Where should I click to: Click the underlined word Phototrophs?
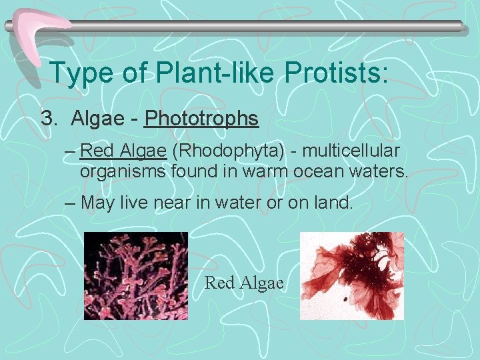(x=201, y=119)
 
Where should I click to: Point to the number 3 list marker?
(x=47, y=119)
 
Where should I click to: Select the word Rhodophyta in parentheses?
(x=221, y=151)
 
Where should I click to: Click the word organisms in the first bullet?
(x=123, y=171)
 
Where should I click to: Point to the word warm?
(x=261, y=171)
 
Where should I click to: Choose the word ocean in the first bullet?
(x=317, y=171)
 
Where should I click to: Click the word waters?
(x=377, y=171)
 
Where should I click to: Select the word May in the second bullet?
(x=98, y=203)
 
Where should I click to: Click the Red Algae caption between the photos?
(x=244, y=283)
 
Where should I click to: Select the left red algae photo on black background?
(x=135, y=275)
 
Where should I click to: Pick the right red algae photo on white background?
(x=352, y=275)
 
